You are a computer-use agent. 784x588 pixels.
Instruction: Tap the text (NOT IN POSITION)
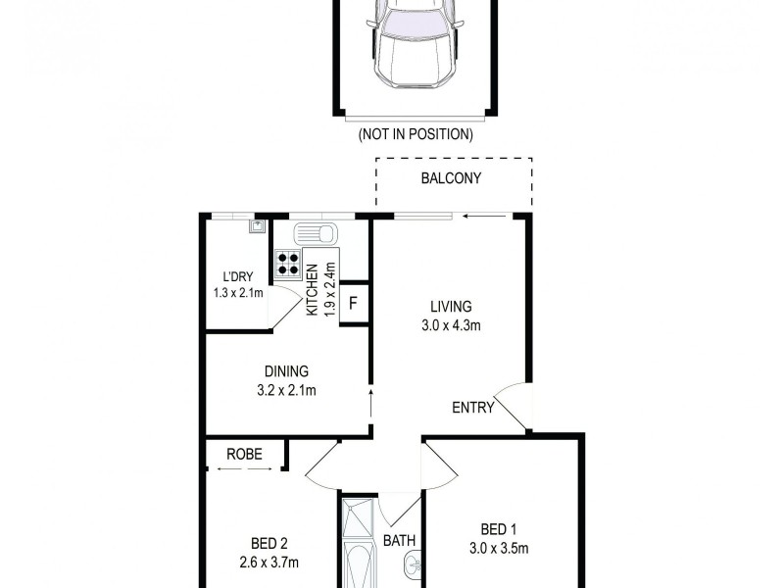(416, 134)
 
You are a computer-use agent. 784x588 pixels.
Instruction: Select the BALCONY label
(451, 178)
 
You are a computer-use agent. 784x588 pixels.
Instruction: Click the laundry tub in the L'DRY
(257, 226)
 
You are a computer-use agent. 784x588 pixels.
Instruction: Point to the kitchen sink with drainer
(315, 235)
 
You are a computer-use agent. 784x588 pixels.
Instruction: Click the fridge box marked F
(354, 303)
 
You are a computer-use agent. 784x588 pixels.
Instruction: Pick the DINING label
(286, 371)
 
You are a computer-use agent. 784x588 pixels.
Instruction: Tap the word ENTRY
(472, 408)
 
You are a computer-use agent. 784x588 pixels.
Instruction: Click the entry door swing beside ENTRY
(514, 405)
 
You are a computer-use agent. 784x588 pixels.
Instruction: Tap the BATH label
(399, 540)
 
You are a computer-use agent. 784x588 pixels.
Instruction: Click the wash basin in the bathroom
(412, 565)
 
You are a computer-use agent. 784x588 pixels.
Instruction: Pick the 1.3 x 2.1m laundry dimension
(238, 292)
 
